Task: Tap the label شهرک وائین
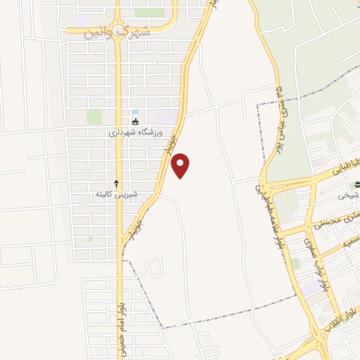(x=117, y=32)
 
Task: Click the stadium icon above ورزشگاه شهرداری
(x=135, y=122)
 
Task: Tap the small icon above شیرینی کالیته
(x=117, y=183)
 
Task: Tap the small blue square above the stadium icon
(x=135, y=112)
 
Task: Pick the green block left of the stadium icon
(x=94, y=117)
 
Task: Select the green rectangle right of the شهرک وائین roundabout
(x=149, y=13)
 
